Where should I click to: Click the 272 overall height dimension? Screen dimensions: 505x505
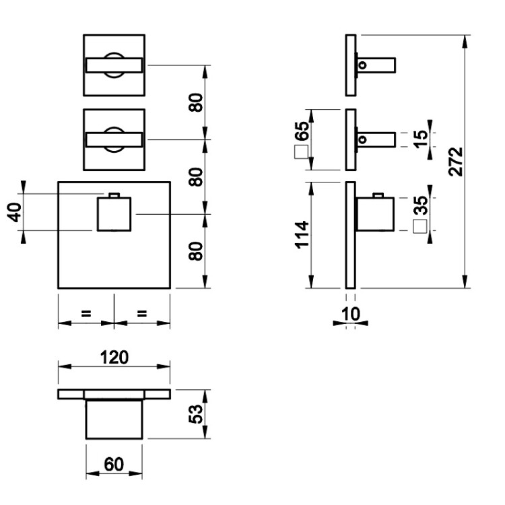(455, 162)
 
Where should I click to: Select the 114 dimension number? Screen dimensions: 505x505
(302, 235)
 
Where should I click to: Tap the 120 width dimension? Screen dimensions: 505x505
(114, 357)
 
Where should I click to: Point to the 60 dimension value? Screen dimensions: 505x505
(114, 464)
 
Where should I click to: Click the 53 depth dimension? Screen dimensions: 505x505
(196, 414)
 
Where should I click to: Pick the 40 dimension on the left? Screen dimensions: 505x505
(14, 212)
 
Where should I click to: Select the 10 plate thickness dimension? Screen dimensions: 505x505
(351, 314)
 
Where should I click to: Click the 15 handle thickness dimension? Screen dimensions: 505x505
(420, 139)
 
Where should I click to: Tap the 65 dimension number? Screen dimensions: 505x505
(302, 131)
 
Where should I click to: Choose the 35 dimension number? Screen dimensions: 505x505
(420, 205)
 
